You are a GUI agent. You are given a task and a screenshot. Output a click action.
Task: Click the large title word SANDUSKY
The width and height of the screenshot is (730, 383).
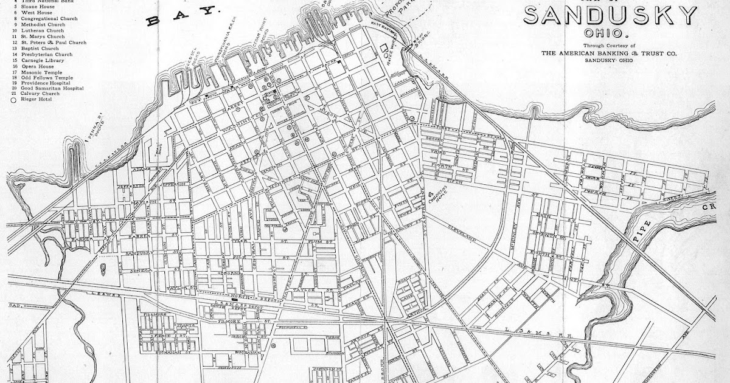point(610,15)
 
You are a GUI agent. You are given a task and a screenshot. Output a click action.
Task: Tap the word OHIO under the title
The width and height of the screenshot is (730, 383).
point(610,33)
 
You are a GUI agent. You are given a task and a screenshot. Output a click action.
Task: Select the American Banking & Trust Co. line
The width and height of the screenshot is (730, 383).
point(610,53)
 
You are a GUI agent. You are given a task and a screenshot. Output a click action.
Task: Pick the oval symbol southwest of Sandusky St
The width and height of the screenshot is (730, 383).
point(102,266)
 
